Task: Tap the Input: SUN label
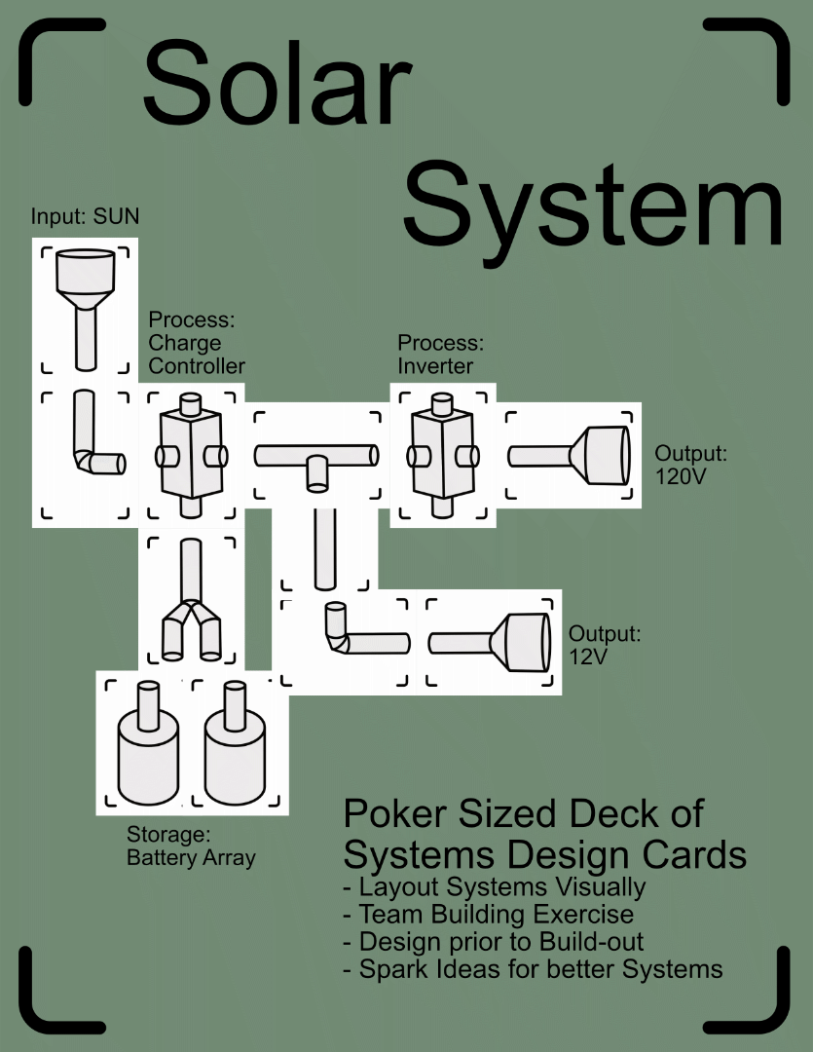coord(85,216)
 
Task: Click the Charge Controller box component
coord(191,454)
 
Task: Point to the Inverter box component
coord(443,454)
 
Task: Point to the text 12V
coord(589,657)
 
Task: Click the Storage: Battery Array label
coord(191,846)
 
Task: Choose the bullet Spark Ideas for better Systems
coord(534,969)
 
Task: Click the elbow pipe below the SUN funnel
coord(92,448)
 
